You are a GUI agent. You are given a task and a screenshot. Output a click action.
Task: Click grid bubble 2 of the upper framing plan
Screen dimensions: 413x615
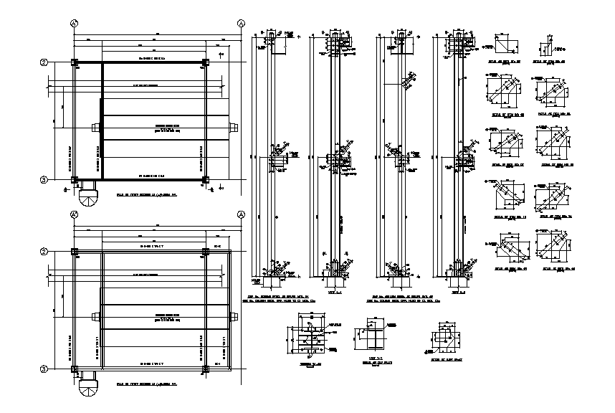pos(44,62)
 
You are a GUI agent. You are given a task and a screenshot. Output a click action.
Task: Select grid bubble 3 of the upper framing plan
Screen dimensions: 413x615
pos(44,180)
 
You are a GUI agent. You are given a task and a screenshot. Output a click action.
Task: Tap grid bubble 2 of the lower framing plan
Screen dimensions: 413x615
pos(44,252)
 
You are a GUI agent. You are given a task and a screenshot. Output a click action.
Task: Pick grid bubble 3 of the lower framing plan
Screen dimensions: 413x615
pos(44,369)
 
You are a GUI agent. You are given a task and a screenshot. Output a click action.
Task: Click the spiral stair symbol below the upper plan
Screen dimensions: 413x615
pos(88,195)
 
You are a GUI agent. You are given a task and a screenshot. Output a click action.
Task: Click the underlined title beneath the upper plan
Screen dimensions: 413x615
pos(146,194)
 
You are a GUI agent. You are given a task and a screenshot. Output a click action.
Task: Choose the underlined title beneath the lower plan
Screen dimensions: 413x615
pos(146,384)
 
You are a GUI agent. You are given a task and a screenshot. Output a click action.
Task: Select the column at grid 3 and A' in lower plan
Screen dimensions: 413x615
pos(75,369)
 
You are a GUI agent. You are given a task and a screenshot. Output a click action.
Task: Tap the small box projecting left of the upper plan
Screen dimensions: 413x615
pos(95,127)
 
